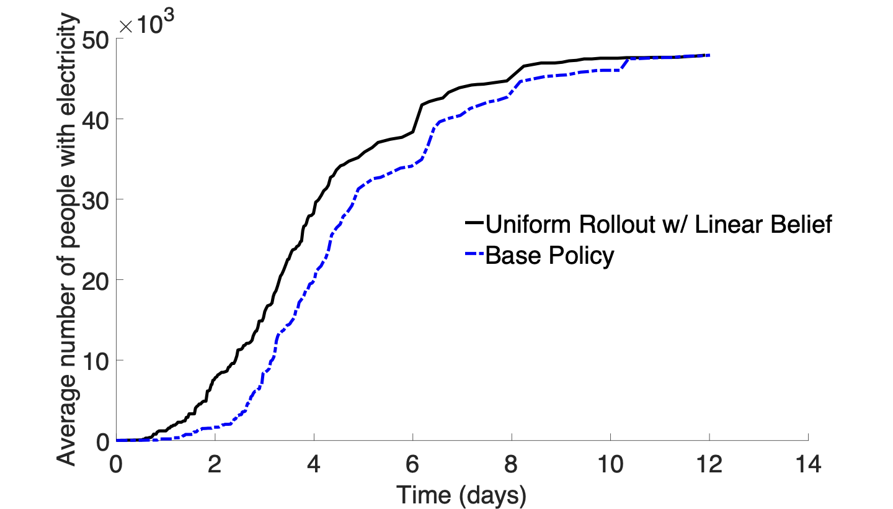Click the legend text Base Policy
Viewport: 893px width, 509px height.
coord(549,256)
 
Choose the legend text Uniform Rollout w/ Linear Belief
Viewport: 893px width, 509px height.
coord(658,224)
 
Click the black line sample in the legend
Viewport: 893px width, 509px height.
coord(474,223)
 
